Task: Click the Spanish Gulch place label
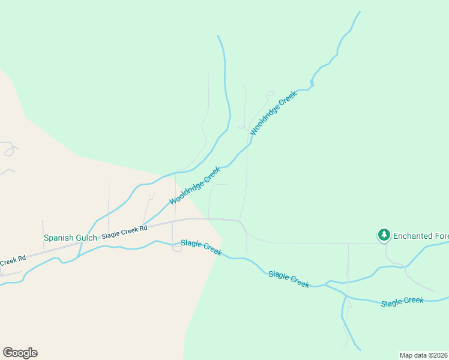(70, 238)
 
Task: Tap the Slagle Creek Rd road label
(124, 232)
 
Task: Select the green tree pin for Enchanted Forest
(384, 235)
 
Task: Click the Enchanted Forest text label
(420, 236)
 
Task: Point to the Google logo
(20, 353)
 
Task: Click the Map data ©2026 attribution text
(423, 355)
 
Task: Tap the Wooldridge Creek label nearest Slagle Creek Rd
(194, 185)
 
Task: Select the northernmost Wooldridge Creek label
(274, 112)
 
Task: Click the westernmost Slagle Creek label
(201, 247)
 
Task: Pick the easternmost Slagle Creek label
(402, 302)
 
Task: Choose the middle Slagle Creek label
(289, 279)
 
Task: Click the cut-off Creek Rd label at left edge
(13, 261)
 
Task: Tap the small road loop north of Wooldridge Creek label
(270, 93)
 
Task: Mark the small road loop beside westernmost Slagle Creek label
(176, 248)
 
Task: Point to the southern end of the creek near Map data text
(360, 350)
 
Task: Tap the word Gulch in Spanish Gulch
(85, 238)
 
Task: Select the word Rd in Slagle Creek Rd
(143, 229)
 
